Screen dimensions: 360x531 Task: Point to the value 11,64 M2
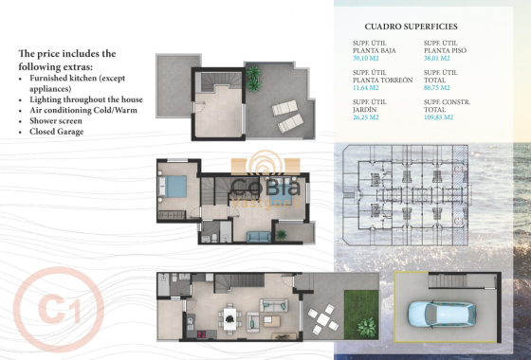coord(366,87)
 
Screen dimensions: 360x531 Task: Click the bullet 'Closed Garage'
coord(58,132)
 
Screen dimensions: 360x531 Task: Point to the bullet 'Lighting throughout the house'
coord(86,99)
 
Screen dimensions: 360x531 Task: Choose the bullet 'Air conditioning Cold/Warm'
coord(83,110)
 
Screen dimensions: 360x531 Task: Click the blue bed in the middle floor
coord(174,186)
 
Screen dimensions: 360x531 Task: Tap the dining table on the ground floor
coord(229,317)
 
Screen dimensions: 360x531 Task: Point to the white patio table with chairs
coord(325,323)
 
